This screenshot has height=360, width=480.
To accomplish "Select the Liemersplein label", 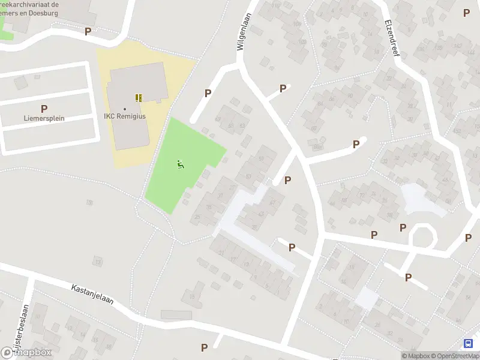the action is coord(44,118).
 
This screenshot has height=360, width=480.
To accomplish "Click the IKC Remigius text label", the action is coord(124,116).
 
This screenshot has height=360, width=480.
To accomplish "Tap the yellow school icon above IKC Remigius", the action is coord(139,97).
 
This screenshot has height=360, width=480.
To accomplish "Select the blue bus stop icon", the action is coord(468,344).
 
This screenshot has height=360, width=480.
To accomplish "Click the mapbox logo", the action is coord(26,352).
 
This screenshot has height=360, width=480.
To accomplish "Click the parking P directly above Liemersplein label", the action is coord(44,109).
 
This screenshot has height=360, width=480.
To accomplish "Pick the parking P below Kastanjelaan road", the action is coord(204,347).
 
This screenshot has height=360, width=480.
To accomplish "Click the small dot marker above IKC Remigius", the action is coord(124,109).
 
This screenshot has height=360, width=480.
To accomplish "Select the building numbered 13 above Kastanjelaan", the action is coord(97,261).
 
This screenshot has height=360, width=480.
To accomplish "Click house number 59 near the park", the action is coord(217,119).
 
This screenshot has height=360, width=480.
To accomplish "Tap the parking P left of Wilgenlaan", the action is coord(208,93).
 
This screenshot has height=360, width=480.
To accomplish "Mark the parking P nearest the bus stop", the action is coord(468,238).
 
